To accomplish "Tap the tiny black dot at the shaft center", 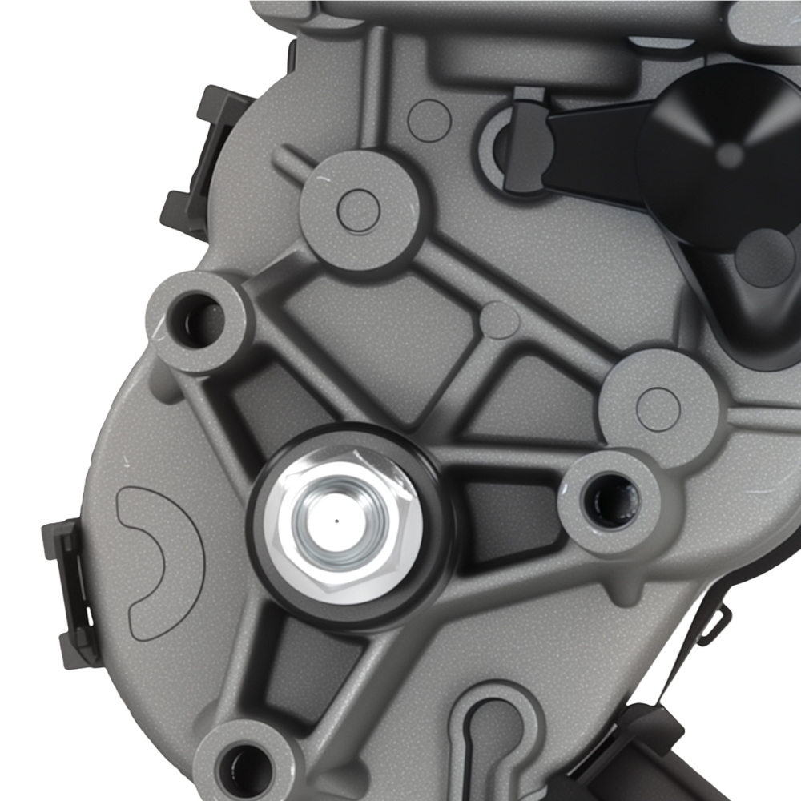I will (x=336, y=519).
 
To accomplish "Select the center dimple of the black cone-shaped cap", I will (x=728, y=154).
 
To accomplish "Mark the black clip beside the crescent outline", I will (x=68, y=593).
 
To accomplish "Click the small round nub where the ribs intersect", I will (x=501, y=320).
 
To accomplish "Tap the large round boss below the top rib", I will (x=358, y=210).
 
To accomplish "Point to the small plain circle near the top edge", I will (x=429, y=120).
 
